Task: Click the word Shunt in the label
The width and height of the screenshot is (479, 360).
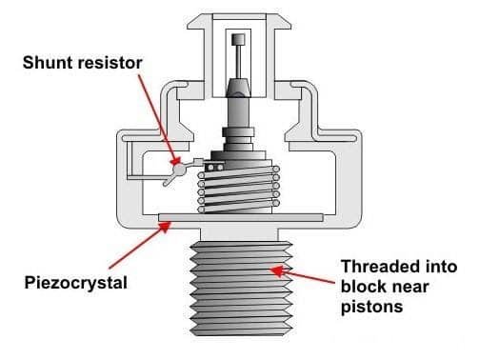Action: click(49, 63)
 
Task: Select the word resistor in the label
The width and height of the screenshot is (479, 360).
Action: click(110, 63)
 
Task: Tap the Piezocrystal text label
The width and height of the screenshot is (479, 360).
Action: click(76, 283)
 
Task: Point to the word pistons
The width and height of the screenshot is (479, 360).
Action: click(371, 307)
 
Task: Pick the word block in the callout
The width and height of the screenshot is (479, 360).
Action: click(362, 287)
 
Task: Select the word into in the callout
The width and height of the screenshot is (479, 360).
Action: click(441, 266)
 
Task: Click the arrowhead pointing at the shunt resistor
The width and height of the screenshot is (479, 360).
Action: click(175, 160)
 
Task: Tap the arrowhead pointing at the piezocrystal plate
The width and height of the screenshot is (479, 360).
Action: click(165, 227)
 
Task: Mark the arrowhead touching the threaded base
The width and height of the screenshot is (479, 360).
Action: click(277, 270)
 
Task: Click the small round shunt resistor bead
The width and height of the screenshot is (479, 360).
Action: click(179, 170)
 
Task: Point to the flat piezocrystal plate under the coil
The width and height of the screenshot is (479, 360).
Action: click(241, 217)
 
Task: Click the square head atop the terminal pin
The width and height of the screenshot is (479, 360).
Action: click(238, 39)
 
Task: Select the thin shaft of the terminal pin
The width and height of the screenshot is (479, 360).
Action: click(238, 62)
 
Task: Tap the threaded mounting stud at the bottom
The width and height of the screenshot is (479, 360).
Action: click(241, 289)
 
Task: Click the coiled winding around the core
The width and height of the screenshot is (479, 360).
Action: click(239, 189)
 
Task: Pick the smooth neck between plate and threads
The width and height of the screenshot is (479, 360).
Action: click(239, 234)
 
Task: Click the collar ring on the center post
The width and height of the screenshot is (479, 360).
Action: click(238, 131)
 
